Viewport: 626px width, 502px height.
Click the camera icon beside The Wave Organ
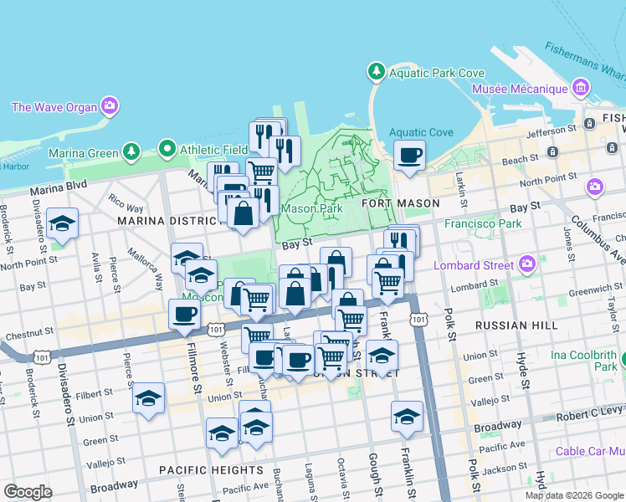coord(110,106)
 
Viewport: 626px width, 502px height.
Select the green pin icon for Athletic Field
coord(167,151)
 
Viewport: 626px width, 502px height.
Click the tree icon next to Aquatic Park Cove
coord(377,73)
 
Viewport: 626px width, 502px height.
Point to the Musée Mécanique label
coord(520,89)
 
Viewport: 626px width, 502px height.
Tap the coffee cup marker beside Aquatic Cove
coord(409,156)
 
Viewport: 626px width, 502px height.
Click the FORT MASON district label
coord(400,203)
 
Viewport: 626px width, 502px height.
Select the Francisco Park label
coord(483,223)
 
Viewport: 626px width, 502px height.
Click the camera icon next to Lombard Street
coord(527,265)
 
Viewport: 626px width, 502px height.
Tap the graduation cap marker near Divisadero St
coord(62,224)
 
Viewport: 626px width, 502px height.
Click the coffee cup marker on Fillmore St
coord(184,315)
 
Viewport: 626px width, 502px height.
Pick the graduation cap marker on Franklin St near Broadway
coord(407,417)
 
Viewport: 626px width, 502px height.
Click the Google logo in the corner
coord(28,492)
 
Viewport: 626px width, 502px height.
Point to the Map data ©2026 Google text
coord(574,495)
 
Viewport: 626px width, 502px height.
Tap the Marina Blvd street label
coord(59,187)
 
